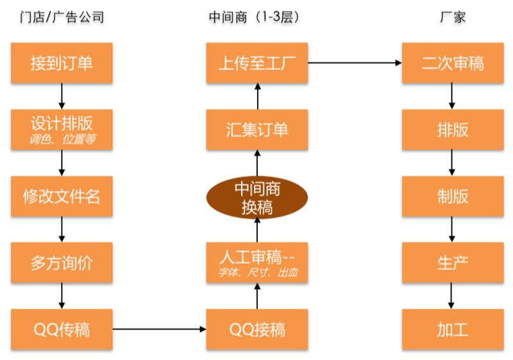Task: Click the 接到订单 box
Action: (x=62, y=63)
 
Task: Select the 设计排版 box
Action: (x=62, y=129)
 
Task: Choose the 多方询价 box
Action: (x=62, y=262)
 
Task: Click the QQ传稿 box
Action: (x=62, y=329)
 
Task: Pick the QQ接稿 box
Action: (x=257, y=329)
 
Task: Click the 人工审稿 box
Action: (x=257, y=262)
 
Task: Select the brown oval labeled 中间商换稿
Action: (x=257, y=198)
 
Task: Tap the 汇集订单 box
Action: (x=257, y=129)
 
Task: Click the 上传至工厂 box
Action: (x=257, y=63)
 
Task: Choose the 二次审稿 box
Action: (x=453, y=63)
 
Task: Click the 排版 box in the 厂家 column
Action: (x=453, y=129)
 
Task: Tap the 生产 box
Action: (x=453, y=262)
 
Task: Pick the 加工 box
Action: (x=453, y=329)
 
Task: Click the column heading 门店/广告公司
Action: (x=62, y=17)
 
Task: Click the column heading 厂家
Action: (x=453, y=17)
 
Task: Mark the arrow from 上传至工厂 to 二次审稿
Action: (x=355, y=63)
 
